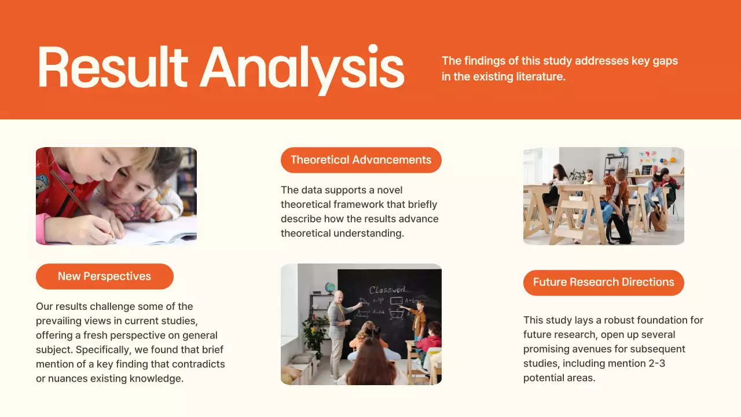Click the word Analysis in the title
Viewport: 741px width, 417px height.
(302, 68)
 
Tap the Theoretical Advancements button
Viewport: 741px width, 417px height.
(361, 160)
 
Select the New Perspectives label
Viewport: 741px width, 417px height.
(104, 276)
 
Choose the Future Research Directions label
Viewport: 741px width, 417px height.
(603, 282)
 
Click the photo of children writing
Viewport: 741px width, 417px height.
(116, 195)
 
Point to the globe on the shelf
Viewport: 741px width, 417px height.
(330, 287)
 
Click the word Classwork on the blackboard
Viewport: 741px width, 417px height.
(387, 290)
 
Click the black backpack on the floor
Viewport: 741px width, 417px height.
(618, 229)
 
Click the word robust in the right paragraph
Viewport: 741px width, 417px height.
(618, 320)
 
